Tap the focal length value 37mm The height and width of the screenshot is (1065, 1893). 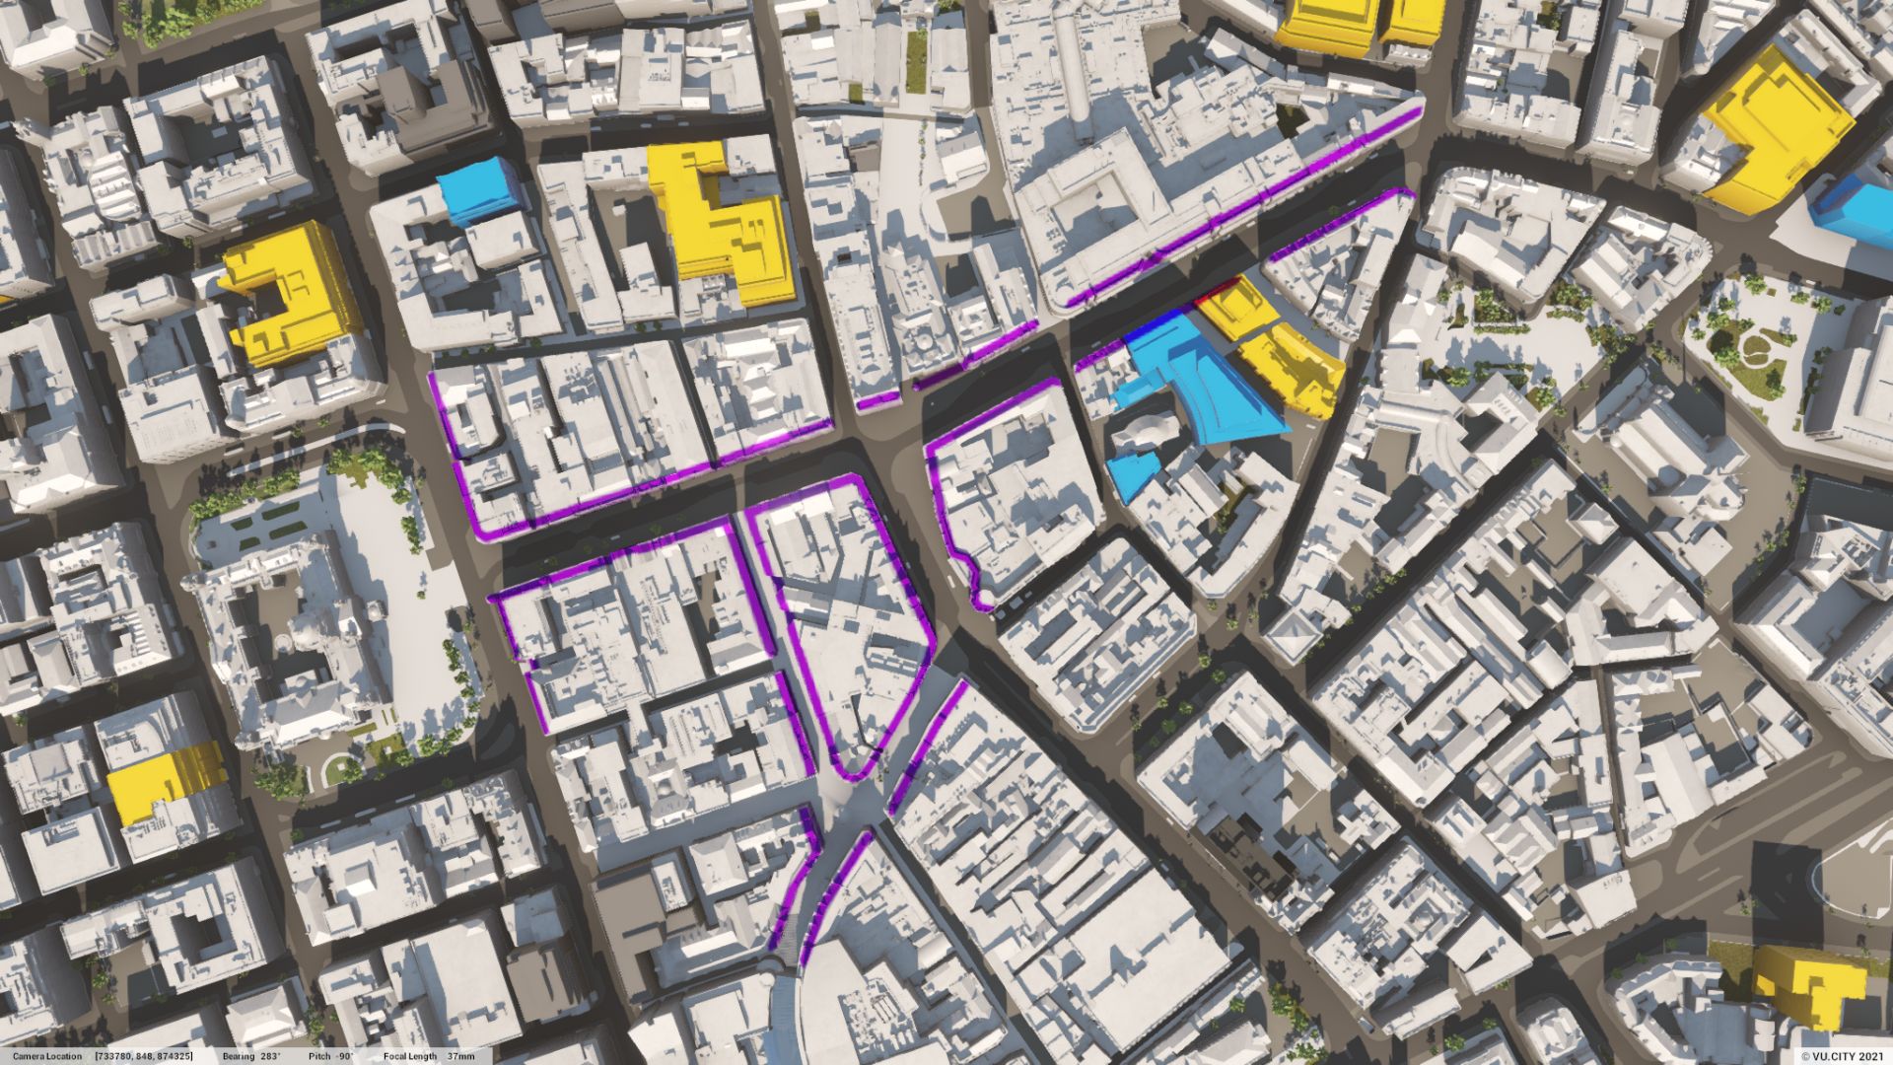(460, 1056)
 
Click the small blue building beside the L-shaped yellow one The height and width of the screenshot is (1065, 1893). (479, 192)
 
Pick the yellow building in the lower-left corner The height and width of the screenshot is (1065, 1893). (163, 781)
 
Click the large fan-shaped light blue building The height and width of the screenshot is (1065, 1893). (1208, 380)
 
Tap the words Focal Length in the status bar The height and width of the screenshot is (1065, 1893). (410, 1056)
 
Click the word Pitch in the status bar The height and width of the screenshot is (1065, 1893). (318, 1056)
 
